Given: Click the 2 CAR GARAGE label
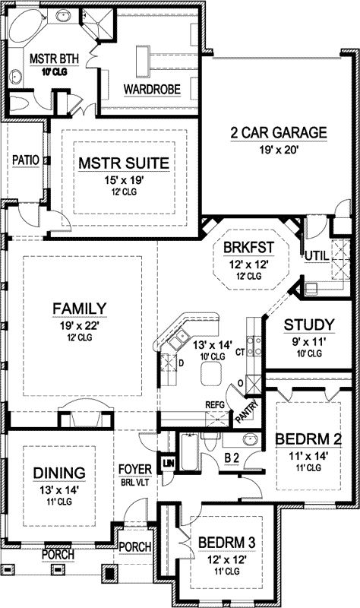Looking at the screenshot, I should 279,133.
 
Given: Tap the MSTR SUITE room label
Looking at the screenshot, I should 123,164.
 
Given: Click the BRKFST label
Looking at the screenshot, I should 248,249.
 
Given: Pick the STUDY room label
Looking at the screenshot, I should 304,325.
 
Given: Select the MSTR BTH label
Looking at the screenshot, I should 51,59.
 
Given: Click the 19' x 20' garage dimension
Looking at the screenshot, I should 279,150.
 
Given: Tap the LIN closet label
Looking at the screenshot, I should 168,463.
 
